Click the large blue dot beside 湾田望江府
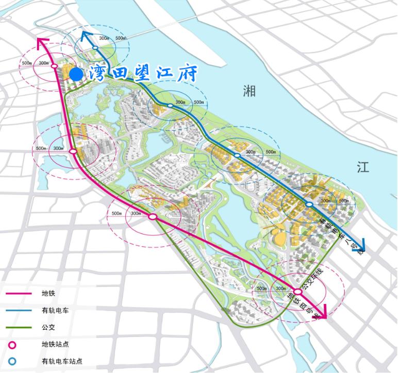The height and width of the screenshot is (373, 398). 76,75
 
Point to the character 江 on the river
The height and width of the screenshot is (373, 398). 363,166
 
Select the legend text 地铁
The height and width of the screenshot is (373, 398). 48,294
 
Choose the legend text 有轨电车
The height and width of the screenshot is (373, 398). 55,310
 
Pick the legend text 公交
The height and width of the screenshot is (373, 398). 48,327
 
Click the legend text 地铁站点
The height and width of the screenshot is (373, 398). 55,344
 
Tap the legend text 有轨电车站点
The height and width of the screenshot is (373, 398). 62,361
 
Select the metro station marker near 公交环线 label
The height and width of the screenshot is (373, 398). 297,292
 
